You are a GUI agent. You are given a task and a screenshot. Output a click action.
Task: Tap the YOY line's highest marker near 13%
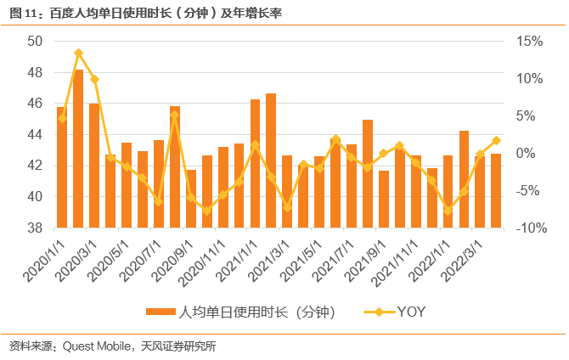(78, 53)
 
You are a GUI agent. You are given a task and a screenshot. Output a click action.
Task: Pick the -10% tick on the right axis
(528, 228)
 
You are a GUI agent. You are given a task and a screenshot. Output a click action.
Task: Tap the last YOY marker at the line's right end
(497, 141)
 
